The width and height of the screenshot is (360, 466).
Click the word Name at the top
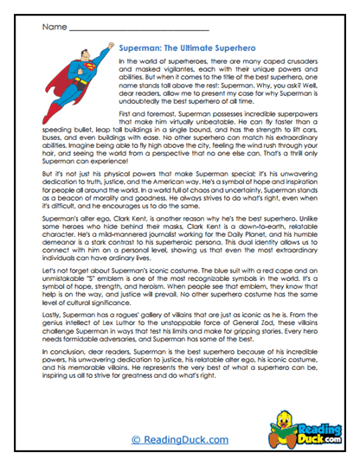pyautogui.click(x=53, y=27)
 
